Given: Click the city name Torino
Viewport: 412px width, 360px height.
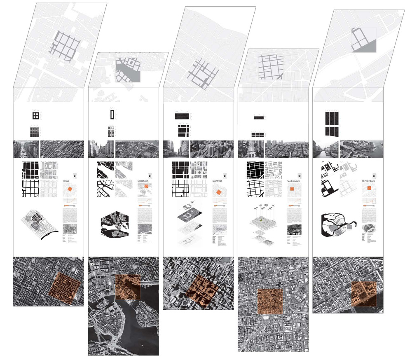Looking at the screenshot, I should pyautogui.click(x=66, y=181).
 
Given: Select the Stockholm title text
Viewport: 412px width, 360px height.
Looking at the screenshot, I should pyautogui.click(x=143, y=181).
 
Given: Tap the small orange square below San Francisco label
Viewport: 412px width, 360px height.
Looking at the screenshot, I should pyautogui.click(x=291, y=189).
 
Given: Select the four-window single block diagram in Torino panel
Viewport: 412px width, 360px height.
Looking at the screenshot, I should pyautogui.click(x=36, y=116).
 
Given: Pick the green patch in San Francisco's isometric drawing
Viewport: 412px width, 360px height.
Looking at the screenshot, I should pyautogui.click(x=260, y=221).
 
